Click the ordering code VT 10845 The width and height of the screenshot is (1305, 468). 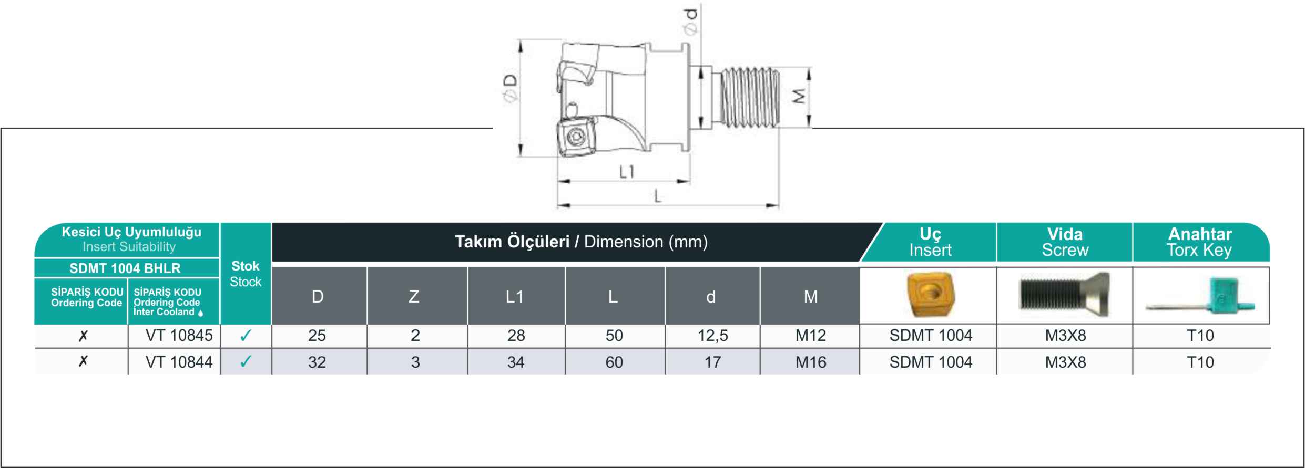click(179, 336)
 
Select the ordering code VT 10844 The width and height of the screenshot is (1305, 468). click(179, 362)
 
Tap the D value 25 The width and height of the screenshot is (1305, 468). click(317, 336)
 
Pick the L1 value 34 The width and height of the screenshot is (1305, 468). click(516, 362)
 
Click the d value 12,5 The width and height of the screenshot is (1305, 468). click(712, 336)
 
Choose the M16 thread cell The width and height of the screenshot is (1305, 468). click(810, 362)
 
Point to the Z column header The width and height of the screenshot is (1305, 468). click(414, 297)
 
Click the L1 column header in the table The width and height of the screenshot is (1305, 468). click(515, 297)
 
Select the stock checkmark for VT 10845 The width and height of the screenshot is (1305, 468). click(246, 336)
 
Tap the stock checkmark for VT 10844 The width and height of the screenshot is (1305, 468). click(246, 361)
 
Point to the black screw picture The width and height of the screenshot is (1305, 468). click(1064, 294)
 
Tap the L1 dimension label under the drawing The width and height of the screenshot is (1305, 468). click(626, 172)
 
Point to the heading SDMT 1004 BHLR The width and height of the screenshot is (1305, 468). click(125, 268)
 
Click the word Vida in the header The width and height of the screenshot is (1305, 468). click(1065, 234)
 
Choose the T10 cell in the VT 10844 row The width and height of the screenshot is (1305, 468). click(1200, 362)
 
